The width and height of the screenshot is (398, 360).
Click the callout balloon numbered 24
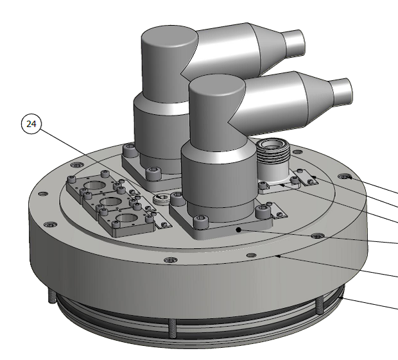(x=31, y=124)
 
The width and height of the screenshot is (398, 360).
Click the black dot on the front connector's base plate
(x=238, y=230)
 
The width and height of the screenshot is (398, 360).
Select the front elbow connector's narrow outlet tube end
(x=342, y=92)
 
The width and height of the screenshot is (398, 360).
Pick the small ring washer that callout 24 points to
(x=161, y=198)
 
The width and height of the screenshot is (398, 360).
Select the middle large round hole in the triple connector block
(x=110, y=202)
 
